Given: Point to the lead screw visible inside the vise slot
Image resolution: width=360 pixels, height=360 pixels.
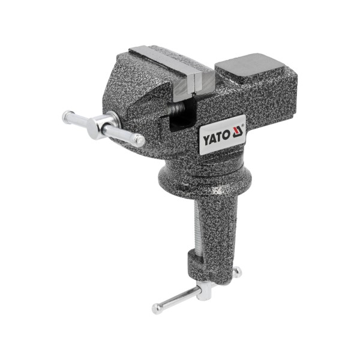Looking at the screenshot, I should coord(176,110).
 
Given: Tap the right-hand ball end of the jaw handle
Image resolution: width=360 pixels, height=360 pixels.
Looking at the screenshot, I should coord(139,141).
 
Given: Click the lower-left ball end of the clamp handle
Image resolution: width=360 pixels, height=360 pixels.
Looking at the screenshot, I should coord(157,309).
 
